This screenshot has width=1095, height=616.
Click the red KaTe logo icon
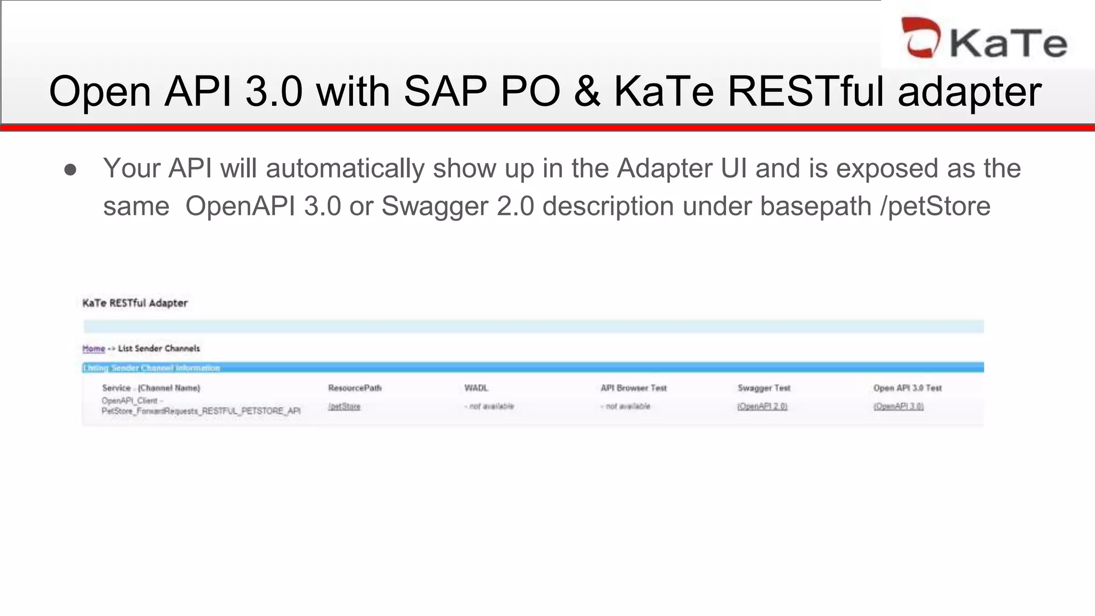coord(920,37)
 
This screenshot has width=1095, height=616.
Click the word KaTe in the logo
coord(1008,43)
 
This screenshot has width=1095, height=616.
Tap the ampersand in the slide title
coord(587,91)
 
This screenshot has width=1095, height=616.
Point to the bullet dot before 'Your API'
coord(70,170)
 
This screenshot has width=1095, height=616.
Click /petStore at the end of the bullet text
coord(935,206)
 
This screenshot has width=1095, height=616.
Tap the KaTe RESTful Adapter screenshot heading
coord(135,303)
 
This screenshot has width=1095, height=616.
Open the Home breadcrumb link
coord(94,349)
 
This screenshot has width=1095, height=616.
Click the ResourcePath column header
coord(355,388)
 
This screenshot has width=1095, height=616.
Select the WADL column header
coord(476,388)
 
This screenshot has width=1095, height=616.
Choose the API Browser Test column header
coord(634,388)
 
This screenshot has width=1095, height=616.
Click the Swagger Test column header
coord(764,388)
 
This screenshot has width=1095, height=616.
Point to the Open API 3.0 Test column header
coord(907,388)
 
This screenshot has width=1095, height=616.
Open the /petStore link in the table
coord(344,406)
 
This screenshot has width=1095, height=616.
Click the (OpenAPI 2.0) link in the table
coord(762,406)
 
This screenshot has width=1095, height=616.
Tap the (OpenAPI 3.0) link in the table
coord(898,406)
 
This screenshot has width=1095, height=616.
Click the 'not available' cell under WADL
coord(489,406)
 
